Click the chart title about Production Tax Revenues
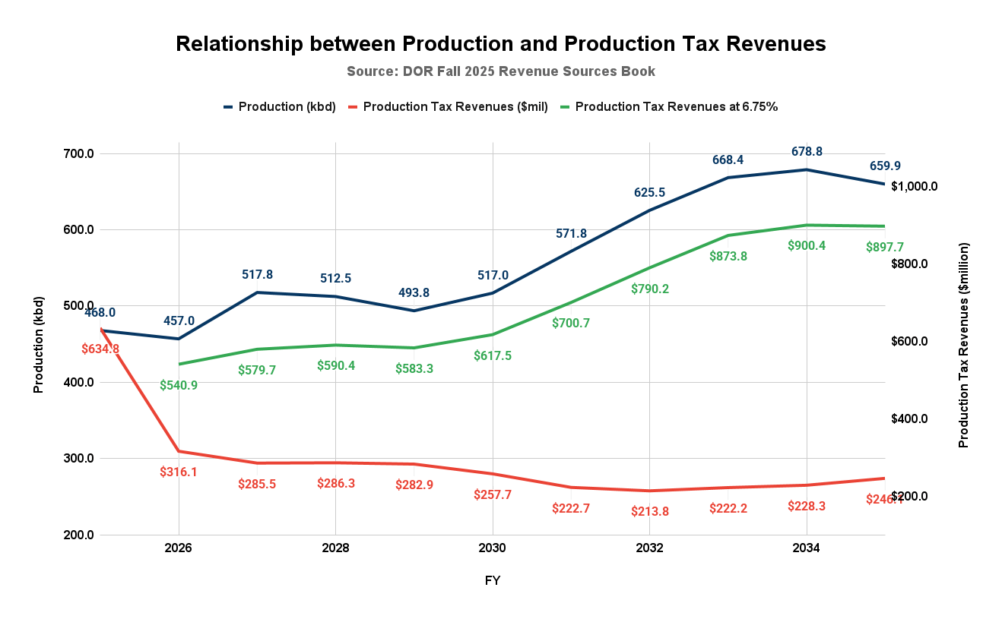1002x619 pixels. [x=500, y=44]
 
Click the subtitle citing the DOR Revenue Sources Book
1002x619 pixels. [x=500, y=71]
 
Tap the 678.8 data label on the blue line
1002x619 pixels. [x=806, y=152]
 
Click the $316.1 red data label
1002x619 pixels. [x=179, y=472]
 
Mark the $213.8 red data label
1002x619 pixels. [x=650, y=511]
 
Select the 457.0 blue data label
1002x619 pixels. [x=179, y=321]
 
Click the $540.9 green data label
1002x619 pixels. [x=179, y=385]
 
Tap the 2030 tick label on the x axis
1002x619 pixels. [x=493, y=548]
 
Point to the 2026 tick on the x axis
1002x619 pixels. [x=178, y=548]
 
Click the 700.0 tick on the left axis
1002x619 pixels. [x=78, y=154]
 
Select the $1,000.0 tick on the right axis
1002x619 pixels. [x=915, y=187]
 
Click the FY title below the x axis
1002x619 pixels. [x=493, y=581]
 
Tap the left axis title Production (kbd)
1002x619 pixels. [x=39, y=344]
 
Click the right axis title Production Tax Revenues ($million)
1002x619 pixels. [x=964, y=344]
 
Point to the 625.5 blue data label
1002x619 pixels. [x=650, y=193]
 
